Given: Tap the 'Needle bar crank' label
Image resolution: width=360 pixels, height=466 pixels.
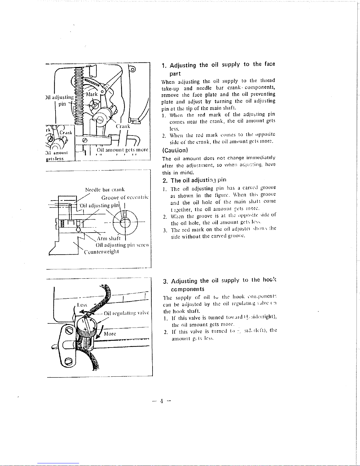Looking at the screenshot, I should [105, 190].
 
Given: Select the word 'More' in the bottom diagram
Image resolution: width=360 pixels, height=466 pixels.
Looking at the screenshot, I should [110, 334].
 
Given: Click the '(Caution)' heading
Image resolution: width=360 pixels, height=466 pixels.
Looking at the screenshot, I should [175, 150].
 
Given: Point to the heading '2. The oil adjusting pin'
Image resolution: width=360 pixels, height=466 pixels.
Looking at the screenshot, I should [194, 180].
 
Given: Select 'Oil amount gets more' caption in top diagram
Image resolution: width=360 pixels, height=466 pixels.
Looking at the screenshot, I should [122, 150].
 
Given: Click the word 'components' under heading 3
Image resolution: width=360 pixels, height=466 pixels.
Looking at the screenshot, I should [187, 289].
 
